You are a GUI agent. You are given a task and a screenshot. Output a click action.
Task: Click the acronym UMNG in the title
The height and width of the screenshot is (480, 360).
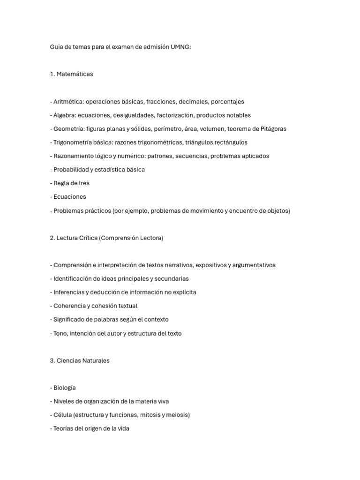click(x=181, y=47)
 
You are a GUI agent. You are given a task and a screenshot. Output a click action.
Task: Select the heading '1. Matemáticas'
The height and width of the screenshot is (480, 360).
click(x=71, y=74)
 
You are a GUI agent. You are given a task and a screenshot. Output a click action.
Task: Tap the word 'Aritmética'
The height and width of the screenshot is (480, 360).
click(x=68, y=102)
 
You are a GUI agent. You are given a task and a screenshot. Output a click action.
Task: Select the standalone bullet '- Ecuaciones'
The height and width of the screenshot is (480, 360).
click(x=68, y=197)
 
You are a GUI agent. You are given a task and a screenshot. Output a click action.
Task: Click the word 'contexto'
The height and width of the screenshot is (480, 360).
click(x=156, y=320)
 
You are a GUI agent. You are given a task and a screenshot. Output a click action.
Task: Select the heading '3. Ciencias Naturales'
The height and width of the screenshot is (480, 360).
click(x=80, y=361)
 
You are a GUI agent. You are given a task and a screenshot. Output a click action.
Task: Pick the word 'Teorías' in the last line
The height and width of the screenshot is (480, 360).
click(x=64, y=428)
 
